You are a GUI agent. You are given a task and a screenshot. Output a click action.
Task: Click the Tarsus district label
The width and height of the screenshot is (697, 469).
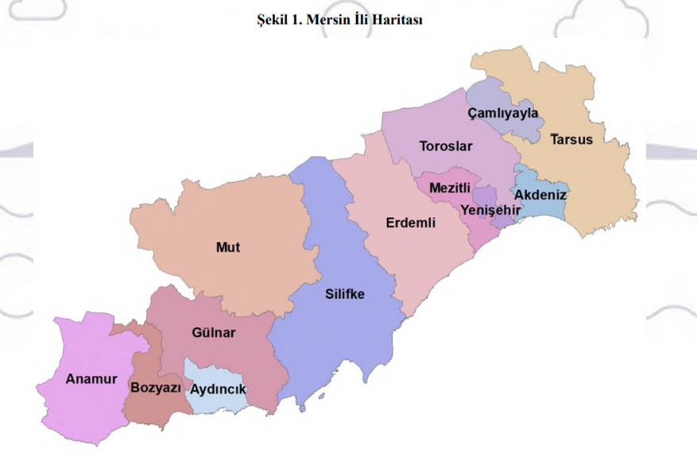(x=571, y=140)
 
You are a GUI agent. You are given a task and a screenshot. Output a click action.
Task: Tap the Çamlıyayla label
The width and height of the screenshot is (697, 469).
(x=502, y=113)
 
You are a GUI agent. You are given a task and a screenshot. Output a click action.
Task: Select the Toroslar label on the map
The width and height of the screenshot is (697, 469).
(x=445, y=146)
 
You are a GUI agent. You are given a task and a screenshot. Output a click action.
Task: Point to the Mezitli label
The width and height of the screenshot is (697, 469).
(x=450, y=188)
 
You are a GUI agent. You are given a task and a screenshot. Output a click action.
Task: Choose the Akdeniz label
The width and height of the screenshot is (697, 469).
(x=540, y=195)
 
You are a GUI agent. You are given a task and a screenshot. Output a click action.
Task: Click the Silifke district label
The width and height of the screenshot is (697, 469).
(x=345, y=294)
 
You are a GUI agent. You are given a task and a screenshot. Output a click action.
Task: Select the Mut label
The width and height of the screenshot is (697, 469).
(x=227, y=247)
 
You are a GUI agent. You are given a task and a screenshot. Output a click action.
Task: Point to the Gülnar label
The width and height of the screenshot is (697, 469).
(x=213, y=332)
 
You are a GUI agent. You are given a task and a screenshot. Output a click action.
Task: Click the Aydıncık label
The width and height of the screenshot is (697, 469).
(x=218, y=390)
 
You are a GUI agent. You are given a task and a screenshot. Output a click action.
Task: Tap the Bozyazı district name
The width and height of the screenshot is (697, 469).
(x=156, y=387)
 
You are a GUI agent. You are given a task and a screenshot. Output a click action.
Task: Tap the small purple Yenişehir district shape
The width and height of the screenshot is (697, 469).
(x=485, y=196)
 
